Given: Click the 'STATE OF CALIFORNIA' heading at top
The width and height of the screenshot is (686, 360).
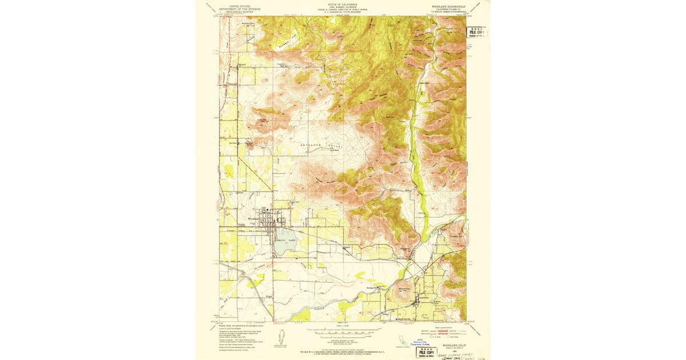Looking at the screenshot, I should tap(342, 3).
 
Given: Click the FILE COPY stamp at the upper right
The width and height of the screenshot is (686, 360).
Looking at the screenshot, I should tap(477, 33).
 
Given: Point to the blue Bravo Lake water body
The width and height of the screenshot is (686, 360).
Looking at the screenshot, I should tap(285, 236).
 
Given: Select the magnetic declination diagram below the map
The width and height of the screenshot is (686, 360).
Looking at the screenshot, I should tap(281, 337).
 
